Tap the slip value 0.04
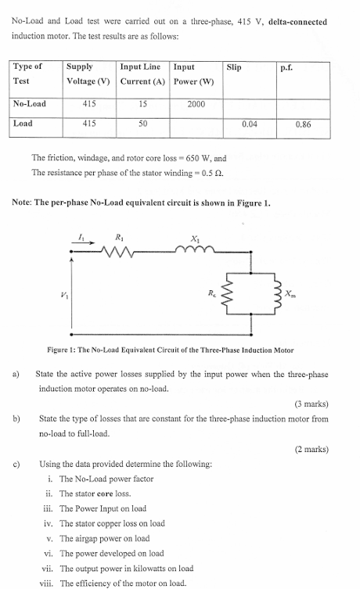pyautogui.click(x=250, y=124)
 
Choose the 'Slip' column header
pyautogui.click(x=234, y=68)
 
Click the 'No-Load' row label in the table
pyautogui.click(x=31, y=104)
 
